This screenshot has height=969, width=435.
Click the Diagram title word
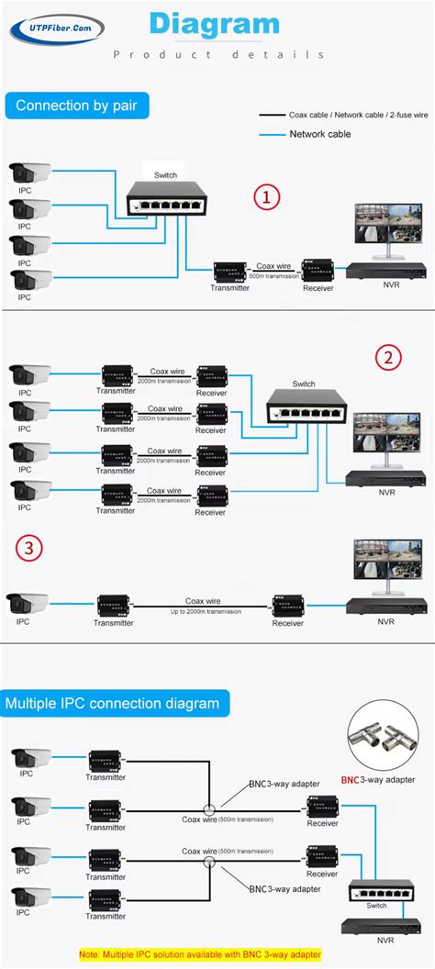214,24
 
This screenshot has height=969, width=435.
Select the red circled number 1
266,197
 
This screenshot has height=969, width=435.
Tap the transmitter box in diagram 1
230,272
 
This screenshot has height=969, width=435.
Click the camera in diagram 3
29,603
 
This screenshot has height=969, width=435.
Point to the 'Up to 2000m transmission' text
206,611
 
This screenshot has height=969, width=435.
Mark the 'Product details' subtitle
217,54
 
